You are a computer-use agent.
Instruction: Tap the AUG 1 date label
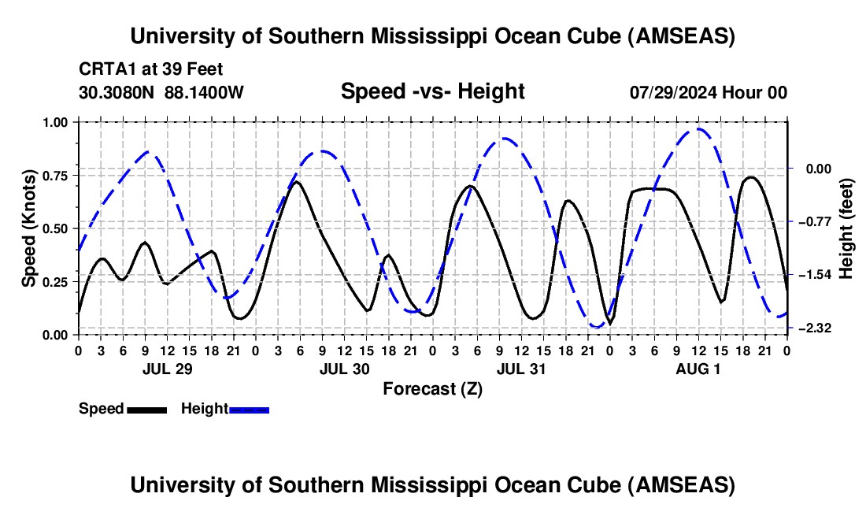point(697,369)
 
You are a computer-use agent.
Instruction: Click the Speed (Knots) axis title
point(28,228)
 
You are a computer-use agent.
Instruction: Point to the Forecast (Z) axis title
point(432,388)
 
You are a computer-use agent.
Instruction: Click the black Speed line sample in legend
point(146,409)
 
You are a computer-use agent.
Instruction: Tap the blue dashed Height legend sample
point(250,409)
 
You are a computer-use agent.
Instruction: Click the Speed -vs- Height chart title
point(432,91)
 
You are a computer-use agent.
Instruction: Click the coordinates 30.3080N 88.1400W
point(161,92)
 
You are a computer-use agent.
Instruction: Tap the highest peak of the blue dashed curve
point(698,129)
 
